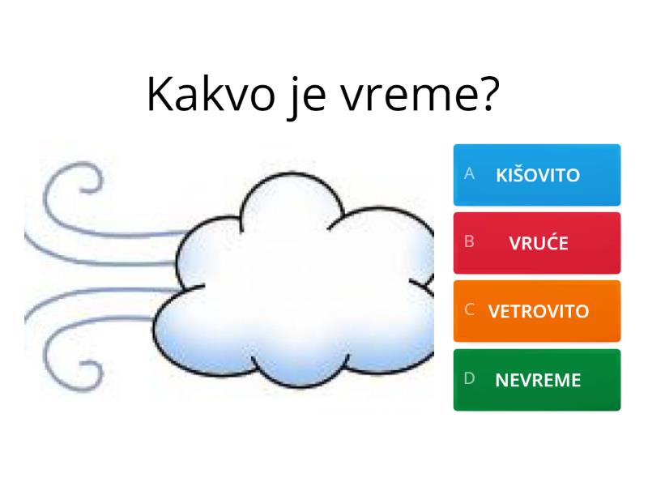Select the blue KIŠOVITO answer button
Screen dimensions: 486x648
pos(536,175)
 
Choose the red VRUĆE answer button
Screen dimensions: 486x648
pos(536,243)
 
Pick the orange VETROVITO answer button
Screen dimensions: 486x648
pos(536,311)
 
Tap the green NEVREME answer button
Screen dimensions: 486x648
pos(536,380)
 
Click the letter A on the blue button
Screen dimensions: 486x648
pos(469,174)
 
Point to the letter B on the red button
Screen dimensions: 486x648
pos(469,242)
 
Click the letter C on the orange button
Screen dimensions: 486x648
pos(469,310)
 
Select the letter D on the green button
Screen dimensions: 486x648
pos(469,379)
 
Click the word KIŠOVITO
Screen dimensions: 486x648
pos(538,175)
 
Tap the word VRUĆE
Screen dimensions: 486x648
pos(539,243)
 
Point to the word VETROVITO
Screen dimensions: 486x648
pos(539,311)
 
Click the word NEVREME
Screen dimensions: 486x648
pos(538,380)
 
